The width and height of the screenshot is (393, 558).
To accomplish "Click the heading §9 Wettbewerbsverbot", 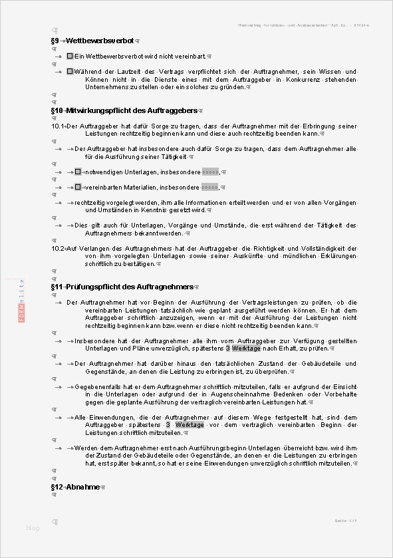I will point(96,41).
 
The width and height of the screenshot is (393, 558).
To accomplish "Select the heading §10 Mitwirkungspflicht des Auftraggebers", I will point(124,110).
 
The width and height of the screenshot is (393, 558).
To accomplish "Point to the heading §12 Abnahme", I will point(75,487).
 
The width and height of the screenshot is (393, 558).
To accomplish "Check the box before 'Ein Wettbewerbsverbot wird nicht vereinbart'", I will point(70,57).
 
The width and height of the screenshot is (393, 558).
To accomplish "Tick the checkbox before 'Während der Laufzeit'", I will point(70,71).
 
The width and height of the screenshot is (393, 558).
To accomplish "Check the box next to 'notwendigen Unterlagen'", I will point(78,172).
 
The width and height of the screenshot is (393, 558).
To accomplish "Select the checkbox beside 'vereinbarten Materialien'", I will point(78,188).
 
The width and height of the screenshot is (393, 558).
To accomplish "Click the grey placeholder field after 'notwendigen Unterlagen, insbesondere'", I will point(210,172).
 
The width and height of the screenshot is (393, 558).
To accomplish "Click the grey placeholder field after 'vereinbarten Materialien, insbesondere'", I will point(209,188).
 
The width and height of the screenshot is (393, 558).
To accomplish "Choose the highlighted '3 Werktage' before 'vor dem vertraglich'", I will point(185,424).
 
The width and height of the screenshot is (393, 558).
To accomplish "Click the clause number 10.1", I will point(57,126).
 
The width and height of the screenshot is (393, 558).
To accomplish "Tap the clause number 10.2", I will point(57,248).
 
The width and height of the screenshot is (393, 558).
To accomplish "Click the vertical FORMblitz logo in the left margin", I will point(22,300).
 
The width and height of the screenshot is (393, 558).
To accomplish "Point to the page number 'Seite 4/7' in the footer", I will point(346,520).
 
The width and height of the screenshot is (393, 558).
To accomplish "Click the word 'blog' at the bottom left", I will point(33,528).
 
